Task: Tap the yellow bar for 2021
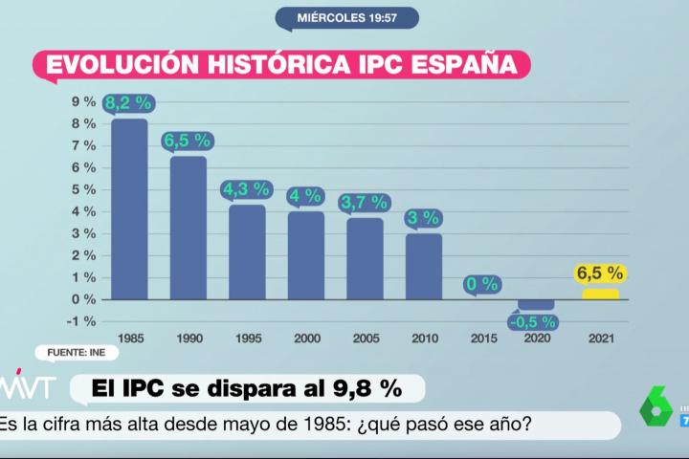tap(601, 294)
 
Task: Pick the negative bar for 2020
tap(535, 304)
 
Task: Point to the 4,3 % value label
tap(247, 189)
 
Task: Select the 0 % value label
tap(482, 284)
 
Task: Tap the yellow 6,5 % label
tap(600, 273)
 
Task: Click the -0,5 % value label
tap(533, 321)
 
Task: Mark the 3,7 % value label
tap(365, 203)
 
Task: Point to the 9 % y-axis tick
tap(83, 101)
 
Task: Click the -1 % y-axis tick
tap(81, 321)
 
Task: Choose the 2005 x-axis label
tap(365, 339)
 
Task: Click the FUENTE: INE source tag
tap(77, 353)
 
